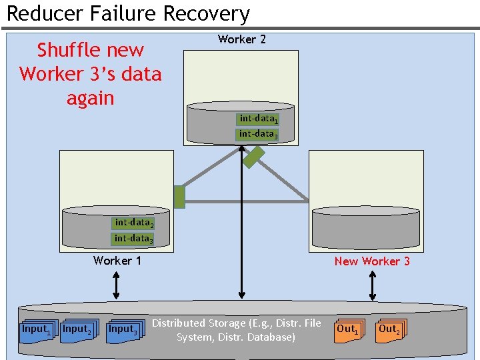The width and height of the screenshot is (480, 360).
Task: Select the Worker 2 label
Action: coord(241,39)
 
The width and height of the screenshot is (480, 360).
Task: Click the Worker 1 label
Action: coord(117,261)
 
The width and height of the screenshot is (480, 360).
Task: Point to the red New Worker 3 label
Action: coord(372,261)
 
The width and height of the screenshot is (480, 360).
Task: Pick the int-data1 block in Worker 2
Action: coord(259,119)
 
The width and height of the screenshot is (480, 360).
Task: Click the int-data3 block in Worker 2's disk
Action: coord(259,134)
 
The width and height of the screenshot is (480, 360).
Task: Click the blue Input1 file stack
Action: coord(36,330)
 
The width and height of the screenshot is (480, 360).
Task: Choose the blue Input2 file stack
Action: coord(78,330)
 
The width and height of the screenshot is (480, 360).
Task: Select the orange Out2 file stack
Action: coord(391,329)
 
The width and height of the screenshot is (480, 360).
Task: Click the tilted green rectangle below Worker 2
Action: coord(254,157)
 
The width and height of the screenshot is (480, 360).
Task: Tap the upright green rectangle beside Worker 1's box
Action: coord(179,197)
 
